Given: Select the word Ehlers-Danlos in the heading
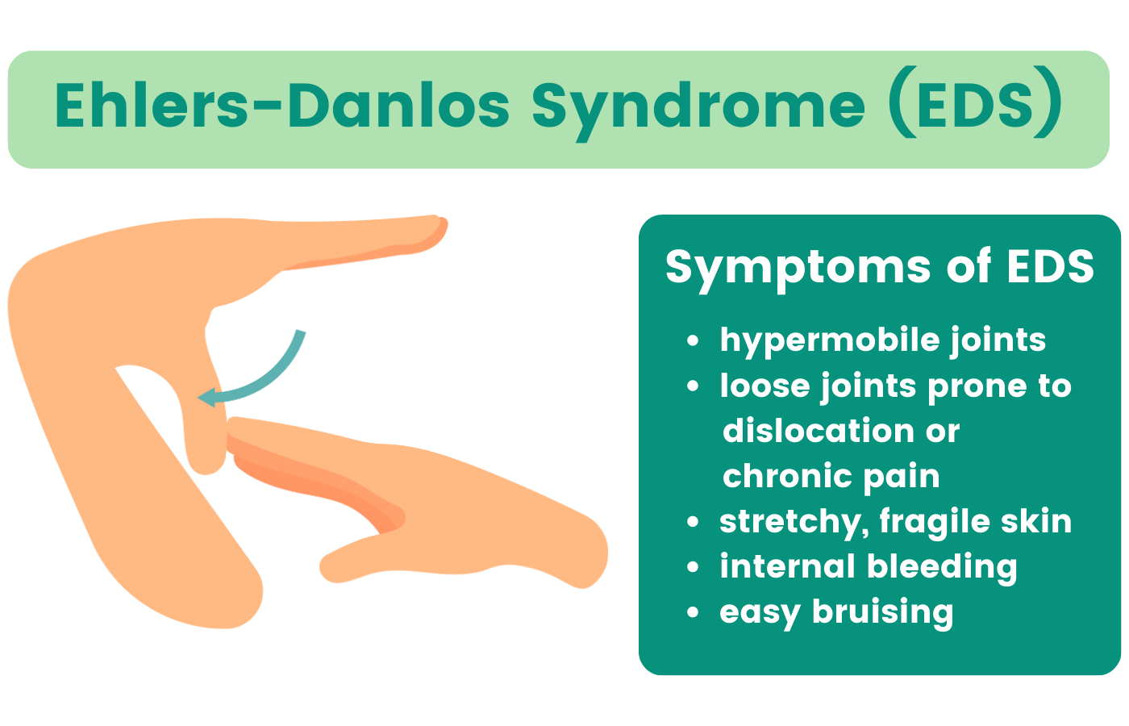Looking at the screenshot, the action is coord(282,104).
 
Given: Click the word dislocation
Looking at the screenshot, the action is coord(818,431).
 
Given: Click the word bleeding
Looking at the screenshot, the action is coord(942,568).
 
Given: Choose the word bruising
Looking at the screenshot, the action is coord(882,613).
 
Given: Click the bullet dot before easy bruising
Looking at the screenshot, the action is coord(693,612).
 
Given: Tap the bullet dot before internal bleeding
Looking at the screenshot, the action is coord(693,567).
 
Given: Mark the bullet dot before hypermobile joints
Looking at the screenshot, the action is coord(693,340).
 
